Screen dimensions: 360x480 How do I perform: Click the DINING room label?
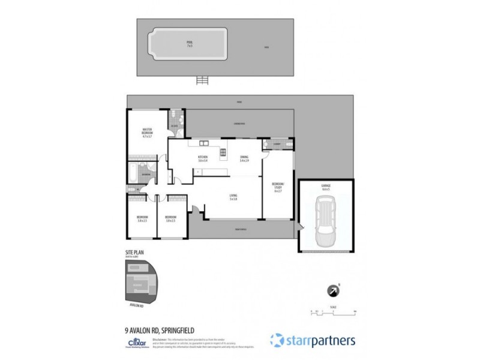click(244, 158)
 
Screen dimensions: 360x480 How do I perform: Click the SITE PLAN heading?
click(133, 253)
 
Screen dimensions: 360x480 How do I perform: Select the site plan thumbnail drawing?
click(141, 281)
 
